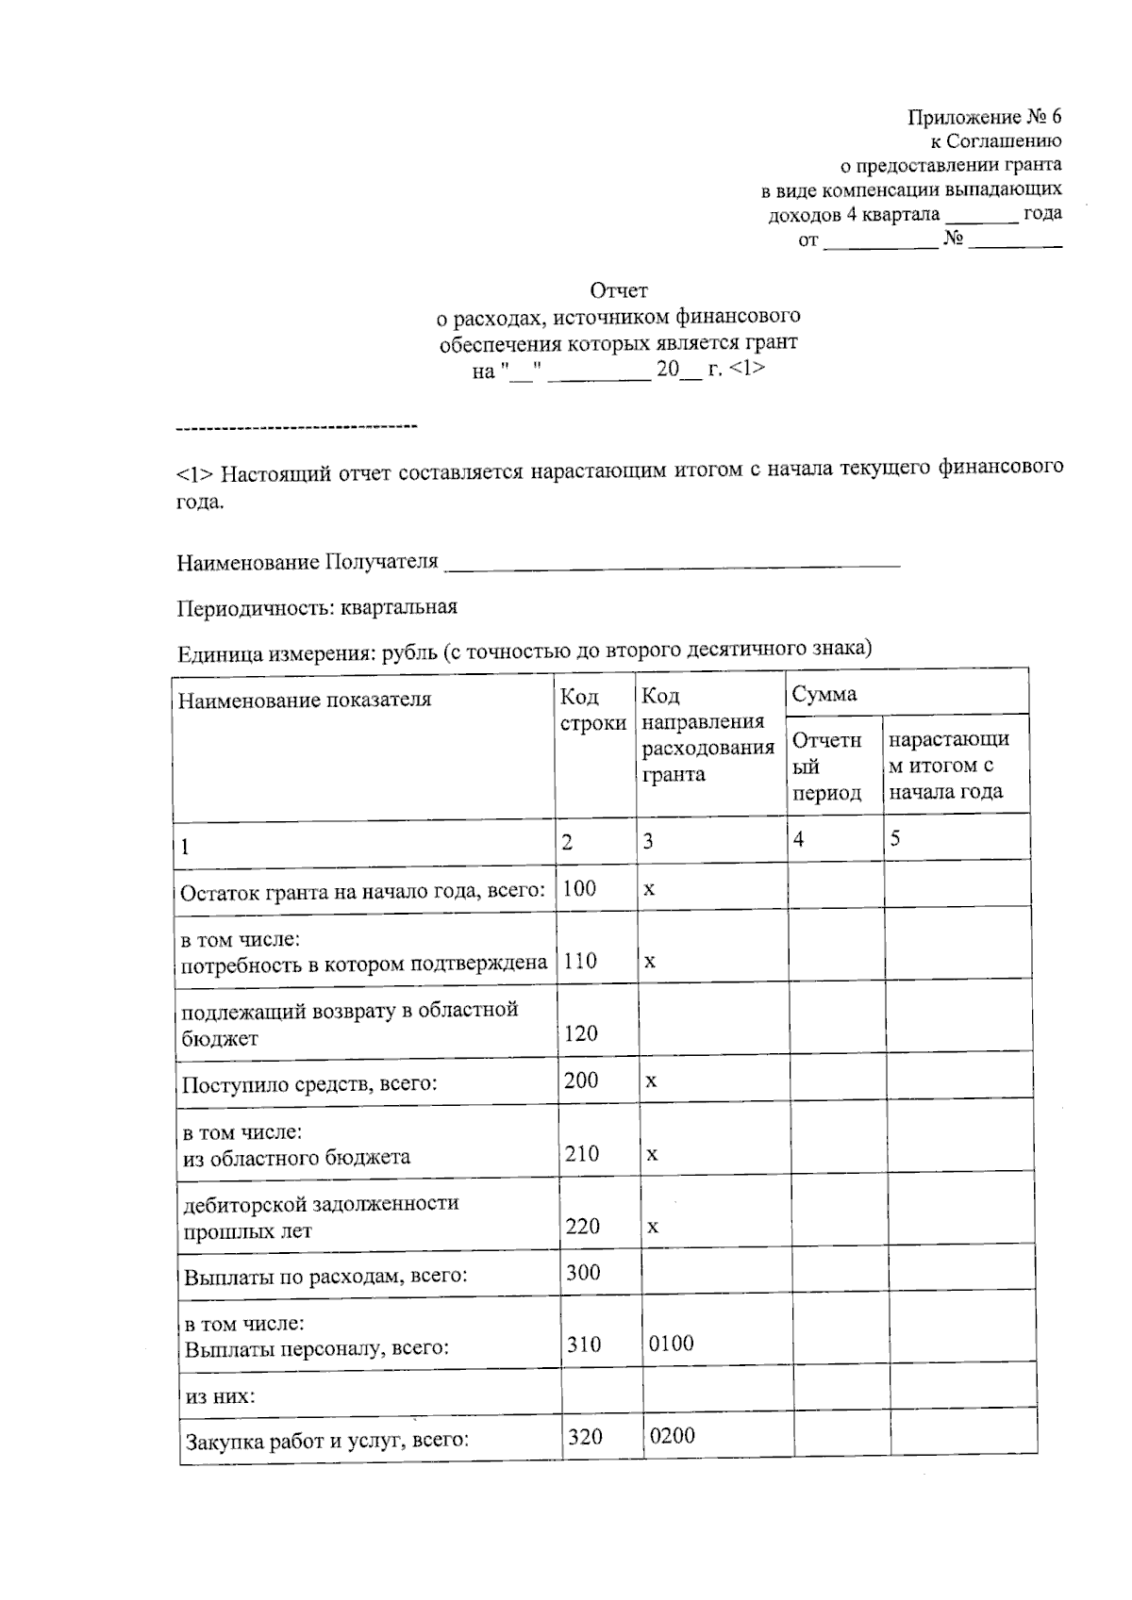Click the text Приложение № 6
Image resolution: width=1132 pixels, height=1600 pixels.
point(984,117)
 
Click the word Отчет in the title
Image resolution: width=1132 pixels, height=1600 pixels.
point(619,289)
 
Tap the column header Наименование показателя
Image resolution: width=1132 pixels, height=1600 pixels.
point(305,700)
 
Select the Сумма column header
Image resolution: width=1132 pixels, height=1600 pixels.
point(824,695)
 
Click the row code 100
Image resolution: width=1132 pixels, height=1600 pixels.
point(579,887)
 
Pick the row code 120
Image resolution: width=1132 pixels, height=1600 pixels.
point(581,1033)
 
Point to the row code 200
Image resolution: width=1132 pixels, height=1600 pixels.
point(581,1080)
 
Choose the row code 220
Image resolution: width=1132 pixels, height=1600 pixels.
point(583,1226)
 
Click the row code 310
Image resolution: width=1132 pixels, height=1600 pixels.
point(584,1344)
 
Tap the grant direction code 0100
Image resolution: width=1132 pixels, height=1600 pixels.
point(671,1344)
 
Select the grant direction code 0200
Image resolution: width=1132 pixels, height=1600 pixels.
point(672,1436)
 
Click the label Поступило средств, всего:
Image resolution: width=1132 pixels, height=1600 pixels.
point(309,1083)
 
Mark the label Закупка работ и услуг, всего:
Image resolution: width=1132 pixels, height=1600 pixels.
point(326,1441)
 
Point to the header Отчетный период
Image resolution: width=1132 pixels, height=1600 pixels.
point(827,766)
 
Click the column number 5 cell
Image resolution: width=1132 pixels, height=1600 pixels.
point(895,838)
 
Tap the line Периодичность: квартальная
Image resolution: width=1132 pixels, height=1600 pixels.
point(317,607)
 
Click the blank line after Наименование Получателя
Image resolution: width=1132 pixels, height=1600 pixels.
point(672,563)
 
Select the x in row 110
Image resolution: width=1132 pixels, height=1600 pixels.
point(650,962)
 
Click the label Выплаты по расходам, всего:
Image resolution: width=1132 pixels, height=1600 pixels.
point(325,1277)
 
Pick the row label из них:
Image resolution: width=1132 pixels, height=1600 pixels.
point(220,1396)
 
